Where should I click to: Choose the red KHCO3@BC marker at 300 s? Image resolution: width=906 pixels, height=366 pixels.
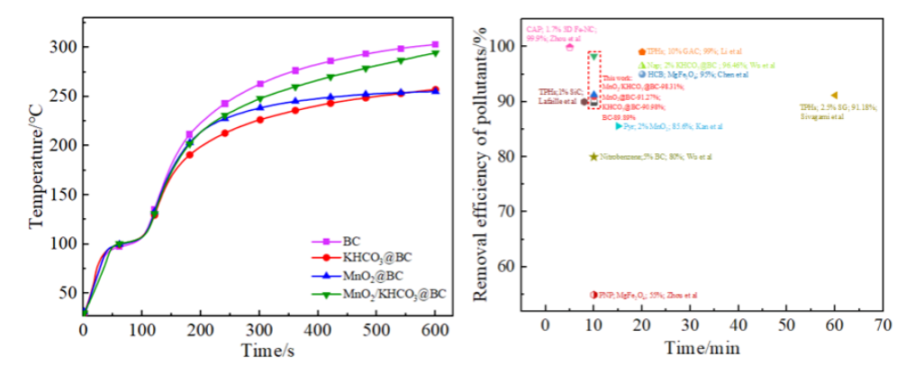pos(259,119)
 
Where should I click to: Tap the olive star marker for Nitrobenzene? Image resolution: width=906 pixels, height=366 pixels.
pos(593,156)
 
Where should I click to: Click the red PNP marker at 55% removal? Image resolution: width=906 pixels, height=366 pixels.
pos(593,295)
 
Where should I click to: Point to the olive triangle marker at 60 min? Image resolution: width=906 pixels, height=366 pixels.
pos(834,95)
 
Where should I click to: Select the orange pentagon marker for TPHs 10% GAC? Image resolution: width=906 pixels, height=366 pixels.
pos(641,52)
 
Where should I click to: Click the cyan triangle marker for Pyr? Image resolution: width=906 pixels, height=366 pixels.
pos(618,126)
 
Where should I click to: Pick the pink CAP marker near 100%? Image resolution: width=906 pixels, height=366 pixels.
pos(569,47)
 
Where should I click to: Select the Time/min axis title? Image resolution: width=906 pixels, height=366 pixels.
pos(702,349)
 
